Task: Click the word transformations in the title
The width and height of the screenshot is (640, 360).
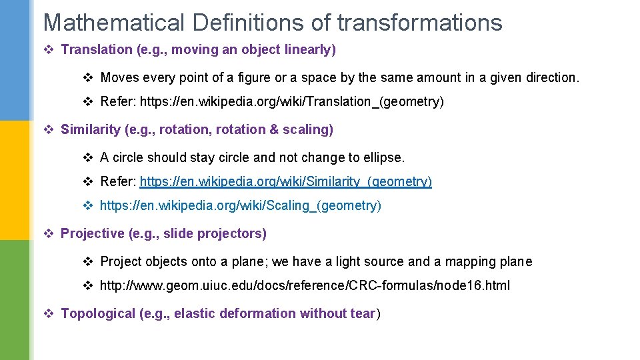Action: click(419, 23)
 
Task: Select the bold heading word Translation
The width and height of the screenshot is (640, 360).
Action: click(97, 49)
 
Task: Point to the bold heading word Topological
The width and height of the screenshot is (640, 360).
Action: click(98, 313)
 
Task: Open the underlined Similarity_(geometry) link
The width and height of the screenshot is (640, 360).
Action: click(285, 181)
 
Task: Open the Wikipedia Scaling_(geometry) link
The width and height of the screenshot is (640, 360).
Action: click(241, 205)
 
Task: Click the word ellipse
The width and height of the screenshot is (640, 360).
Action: click(383, 157)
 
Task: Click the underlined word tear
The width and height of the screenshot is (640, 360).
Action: click(363, 313)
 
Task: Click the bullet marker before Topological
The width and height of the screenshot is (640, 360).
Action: click(48, 313)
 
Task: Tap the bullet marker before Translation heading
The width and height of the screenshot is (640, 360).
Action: click(48, 49)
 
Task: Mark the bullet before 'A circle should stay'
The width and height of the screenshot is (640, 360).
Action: click(87, 157)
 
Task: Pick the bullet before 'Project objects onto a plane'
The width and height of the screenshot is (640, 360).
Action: click(87, 261)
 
